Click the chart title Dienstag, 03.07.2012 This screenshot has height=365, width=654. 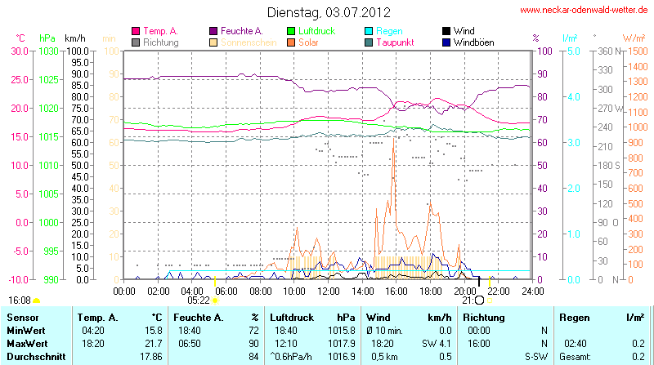(329, 13)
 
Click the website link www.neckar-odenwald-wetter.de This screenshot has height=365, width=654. (585, 10)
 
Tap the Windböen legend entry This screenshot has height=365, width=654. (474, 42)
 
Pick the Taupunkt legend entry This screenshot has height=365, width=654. (397, 42)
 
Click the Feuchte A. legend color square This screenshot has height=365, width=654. (213, 31)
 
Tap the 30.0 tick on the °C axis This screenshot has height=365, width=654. (19, 51)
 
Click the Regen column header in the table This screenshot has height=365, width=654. (573, 317)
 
